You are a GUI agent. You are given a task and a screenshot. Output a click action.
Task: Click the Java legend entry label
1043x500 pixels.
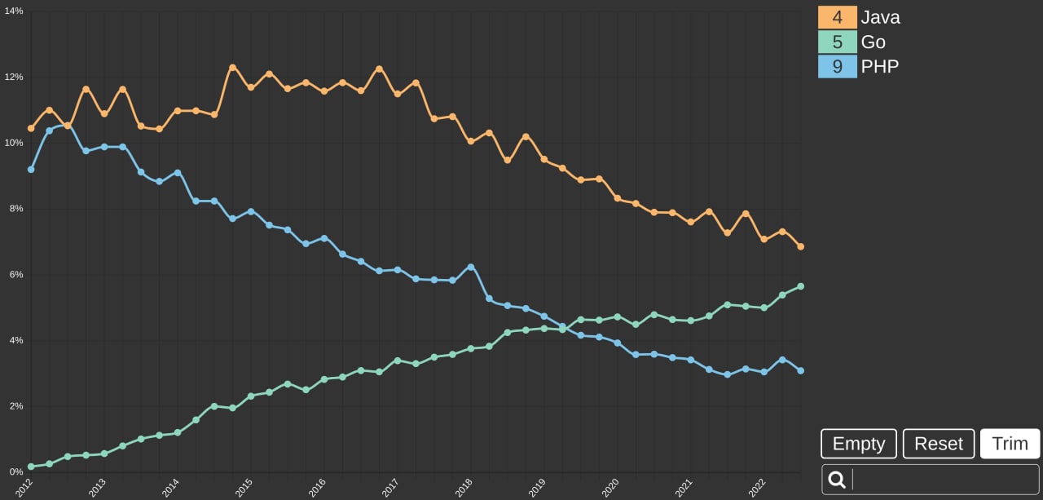point(880,17)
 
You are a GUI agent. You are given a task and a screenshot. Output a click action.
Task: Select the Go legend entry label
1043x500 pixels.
point(873,42)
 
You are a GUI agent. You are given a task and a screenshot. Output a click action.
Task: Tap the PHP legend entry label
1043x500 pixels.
point(880,66)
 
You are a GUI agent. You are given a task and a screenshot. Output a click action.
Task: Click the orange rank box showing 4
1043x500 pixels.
point(838,17)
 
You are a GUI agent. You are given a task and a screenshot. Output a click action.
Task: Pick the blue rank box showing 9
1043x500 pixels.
point(838,66)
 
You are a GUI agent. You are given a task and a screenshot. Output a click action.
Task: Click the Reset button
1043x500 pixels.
point(939,444)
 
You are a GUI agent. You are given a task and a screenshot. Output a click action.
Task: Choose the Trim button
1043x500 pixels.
point(1010,444)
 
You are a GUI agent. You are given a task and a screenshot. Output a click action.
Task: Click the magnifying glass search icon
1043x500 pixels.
point(836,480)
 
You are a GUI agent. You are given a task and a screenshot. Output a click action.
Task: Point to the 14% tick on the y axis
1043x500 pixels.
point(14,11)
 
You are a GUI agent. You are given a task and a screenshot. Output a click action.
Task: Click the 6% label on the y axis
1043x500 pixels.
point(15,274)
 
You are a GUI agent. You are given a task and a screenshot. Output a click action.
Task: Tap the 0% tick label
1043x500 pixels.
point(15,471)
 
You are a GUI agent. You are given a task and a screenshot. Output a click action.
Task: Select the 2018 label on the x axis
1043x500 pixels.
point(464,488)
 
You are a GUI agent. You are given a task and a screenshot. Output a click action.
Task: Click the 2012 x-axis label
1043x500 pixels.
point(24,488)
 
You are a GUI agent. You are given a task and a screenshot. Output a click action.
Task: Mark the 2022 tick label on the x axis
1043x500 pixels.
point(757,488)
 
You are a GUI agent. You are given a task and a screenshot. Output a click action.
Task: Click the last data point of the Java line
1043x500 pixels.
point(801,246)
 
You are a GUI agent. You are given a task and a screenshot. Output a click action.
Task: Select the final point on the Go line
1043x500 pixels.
point(801,286)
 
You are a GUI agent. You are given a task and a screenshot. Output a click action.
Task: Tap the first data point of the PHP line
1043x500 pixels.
point(31,170)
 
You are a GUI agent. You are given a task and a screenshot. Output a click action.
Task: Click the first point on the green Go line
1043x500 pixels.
point(31,467)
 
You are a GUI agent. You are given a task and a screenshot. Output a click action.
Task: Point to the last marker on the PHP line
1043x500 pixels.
point(801,371)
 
